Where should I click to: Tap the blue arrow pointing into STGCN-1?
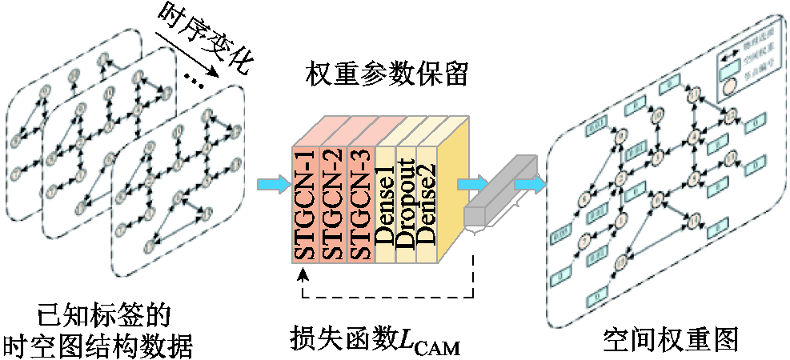click(x=271, y=186)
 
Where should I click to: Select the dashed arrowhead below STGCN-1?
click(x=302, y=274)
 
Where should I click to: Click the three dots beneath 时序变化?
click(x=194, y=81)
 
